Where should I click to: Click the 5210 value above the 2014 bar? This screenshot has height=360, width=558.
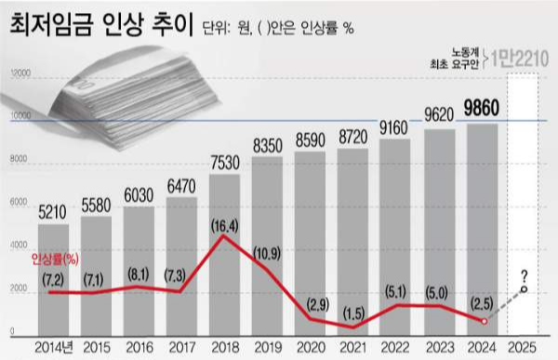pyautogui.click(x=53, y=212)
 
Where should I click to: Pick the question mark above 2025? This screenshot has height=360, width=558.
pyautogui.click(x=527, y=274)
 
